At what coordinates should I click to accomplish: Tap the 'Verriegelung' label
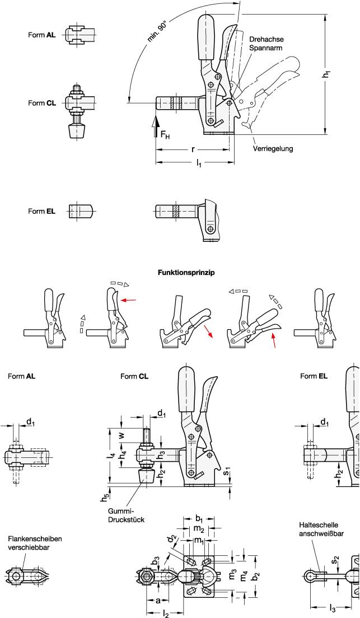click(273, 149)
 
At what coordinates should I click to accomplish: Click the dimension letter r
click(193, 150)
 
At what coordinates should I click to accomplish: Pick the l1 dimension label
click(199, 163)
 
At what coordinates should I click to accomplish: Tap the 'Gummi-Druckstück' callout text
click(123, 516)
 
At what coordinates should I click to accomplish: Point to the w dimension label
click(121, 434)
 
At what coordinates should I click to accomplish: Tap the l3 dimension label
click(331, 608)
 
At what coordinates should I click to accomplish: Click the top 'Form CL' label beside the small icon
click(42, 103)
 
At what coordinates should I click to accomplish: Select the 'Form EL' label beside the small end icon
click(42, 211)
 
